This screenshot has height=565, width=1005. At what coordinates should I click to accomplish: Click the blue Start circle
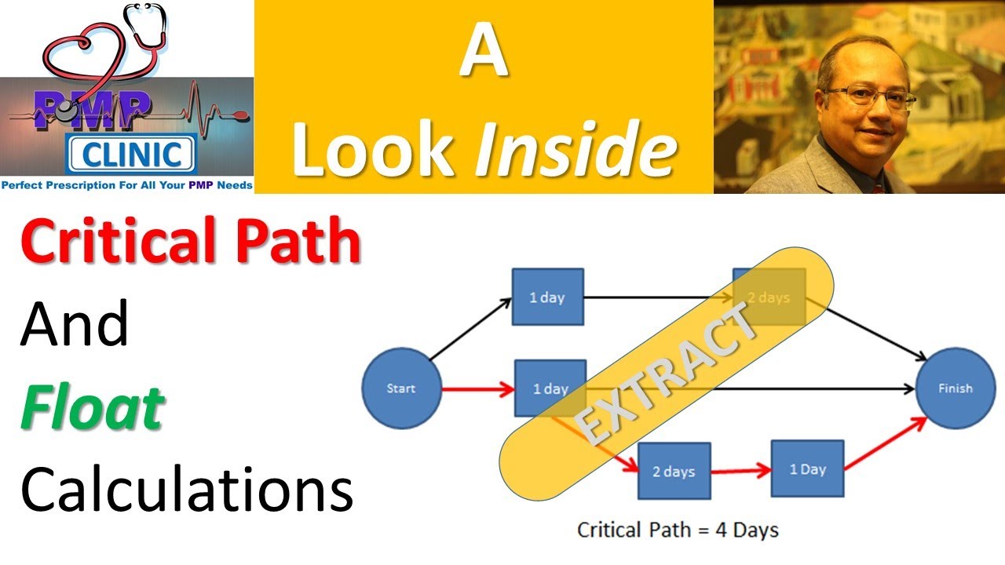(x=400, y=388)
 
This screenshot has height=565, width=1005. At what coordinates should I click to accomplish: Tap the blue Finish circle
(x=955, y=388)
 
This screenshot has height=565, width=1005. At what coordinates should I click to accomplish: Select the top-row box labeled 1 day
(x=547, y=297)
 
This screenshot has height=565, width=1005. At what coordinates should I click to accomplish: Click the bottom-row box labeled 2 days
(x=674, y=472)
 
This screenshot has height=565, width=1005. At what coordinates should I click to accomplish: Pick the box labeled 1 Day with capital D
(x=807, y=469)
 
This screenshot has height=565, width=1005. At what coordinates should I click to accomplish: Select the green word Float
(x=92, y=408)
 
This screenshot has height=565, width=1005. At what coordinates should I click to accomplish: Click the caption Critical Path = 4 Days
(x=678, y=530)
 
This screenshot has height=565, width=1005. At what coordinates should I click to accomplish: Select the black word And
(x=75, y=325)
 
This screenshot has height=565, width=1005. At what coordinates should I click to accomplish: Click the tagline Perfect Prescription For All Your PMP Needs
(x=127, y=185)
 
